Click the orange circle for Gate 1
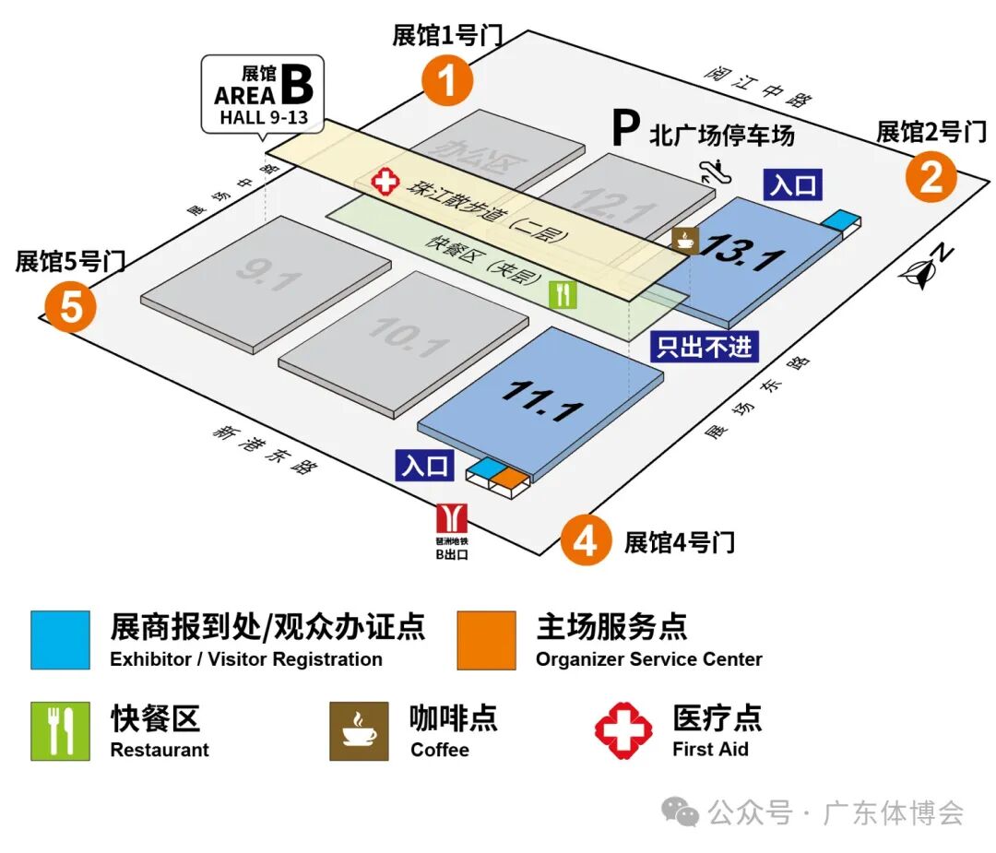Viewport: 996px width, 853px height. point(447,81)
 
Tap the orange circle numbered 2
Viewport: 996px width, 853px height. point(931,177)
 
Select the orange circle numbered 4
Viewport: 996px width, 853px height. point(586,541)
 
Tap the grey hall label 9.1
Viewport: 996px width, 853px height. point(267,273)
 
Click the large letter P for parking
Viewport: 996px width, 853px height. point(626,131)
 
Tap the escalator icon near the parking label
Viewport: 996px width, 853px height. point(710,169)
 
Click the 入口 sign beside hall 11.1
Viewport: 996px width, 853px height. point(425,466)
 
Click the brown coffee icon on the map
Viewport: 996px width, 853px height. point(685,240)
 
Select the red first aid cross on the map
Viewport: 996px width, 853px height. point(385,182)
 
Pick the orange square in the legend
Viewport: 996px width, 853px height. point(486,640)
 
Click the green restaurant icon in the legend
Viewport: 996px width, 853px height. point(60,730)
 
